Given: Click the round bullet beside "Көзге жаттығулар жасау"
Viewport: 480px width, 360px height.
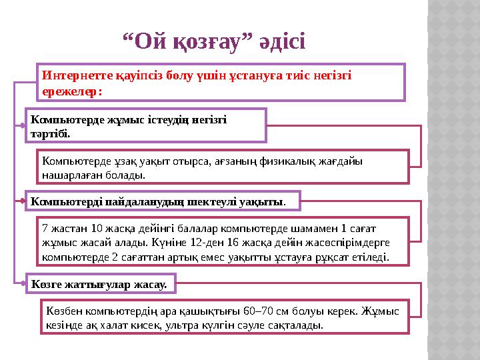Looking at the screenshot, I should [22, 283].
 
